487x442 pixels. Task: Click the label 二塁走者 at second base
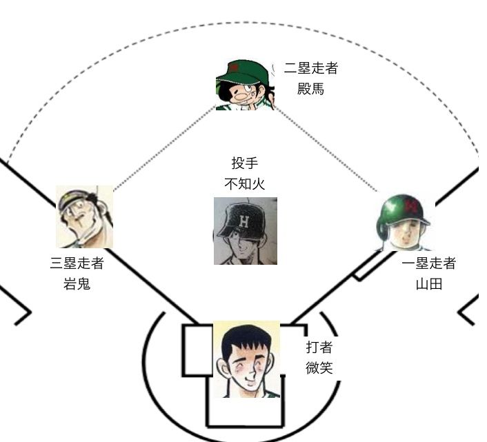coord(310,69)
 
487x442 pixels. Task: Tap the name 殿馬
coord(310,90)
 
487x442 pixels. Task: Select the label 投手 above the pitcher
coord(245,164)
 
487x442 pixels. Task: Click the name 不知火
coord(245,183)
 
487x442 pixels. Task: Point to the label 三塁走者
coord(77,263)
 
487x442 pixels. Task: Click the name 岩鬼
coord(77,283)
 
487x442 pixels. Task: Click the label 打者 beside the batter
coord(319,348)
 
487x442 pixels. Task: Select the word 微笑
coord(319,368)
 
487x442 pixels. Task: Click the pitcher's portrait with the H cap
coord(246,232)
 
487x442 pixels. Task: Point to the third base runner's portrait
coord(84,217)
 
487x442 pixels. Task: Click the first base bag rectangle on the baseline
coord(366,265)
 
